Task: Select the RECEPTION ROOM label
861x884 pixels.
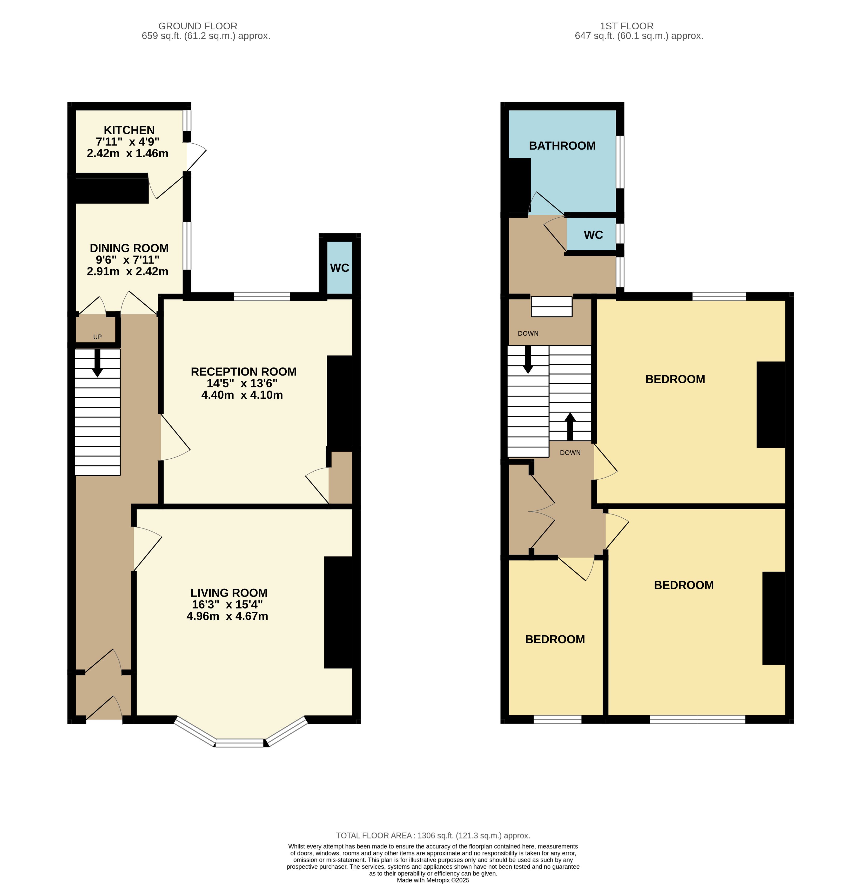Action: pos(244,372)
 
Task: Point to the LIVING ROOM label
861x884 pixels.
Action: pos(229,593)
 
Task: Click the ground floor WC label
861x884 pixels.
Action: pos(340,268)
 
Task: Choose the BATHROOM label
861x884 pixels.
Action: pos(562,146)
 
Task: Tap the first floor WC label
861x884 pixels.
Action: pos(593,235)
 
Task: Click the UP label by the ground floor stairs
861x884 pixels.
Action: pos(97,337)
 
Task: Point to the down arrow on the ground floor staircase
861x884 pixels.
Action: pos(97,363)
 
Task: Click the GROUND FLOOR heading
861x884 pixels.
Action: pos(198,26)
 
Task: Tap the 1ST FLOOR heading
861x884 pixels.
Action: pos(627,26)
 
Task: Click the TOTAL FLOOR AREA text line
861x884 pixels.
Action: pos(433,836)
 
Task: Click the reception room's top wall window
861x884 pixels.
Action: pos(262,297)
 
